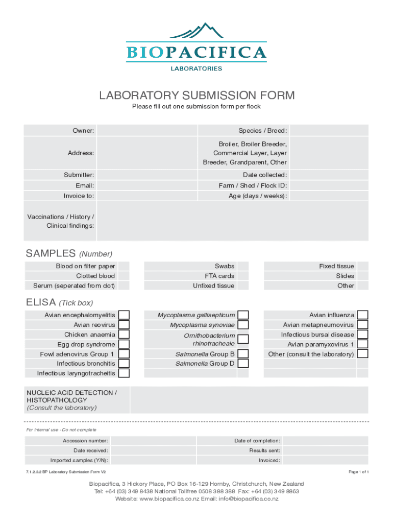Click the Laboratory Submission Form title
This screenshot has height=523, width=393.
(196, 96)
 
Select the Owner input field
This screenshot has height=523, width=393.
(146, 131)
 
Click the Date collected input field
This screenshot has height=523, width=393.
(329, 175)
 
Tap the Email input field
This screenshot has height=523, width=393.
(146, 186)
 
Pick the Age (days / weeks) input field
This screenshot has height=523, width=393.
(329, 196)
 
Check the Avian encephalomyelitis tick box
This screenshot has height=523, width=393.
(124, 316)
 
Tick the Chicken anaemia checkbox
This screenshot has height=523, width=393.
(124, 335)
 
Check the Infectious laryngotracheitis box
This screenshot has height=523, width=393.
(124, 373)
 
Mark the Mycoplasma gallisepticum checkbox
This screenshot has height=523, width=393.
(243, 316)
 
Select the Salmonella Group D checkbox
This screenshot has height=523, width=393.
(243, 364)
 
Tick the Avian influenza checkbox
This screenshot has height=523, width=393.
(362, 316)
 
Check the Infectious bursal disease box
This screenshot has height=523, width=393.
(362, 335)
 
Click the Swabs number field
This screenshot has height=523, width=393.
(243, 266)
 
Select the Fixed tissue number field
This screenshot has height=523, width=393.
(362, 266)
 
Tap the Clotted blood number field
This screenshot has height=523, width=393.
(124, 276)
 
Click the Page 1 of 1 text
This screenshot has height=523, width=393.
(359, 472)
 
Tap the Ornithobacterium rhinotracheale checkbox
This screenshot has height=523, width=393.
(243, 339)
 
